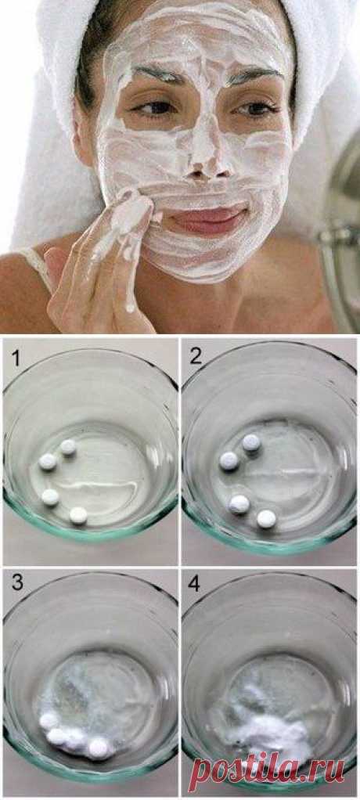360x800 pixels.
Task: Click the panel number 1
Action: point(16,359)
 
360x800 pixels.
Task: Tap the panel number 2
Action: point(196,357)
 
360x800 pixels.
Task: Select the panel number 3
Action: point(17,583)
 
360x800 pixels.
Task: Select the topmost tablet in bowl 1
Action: point(68,447)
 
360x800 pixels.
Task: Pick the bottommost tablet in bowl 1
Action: point(78,515)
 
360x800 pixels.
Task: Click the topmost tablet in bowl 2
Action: point(251,442)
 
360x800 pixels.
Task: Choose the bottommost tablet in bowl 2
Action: point(266,518)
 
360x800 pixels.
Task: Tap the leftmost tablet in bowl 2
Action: point(229,461)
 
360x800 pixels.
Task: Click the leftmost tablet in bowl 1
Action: point(48,462)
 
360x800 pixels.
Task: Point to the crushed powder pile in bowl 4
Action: point(265,730)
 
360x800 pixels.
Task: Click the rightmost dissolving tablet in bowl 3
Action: point(98,748)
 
